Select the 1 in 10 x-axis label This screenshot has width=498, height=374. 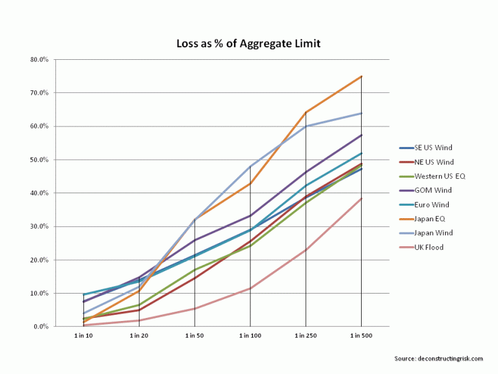(83, 336)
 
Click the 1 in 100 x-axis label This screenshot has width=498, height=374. (250, 336)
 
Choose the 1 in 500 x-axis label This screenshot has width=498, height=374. (362, 336)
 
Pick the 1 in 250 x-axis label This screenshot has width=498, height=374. (306, 336)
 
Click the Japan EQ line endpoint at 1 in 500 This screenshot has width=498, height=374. (362, 76)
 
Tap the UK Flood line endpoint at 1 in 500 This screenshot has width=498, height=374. (362, 198)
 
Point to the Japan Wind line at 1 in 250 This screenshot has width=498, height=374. (306, 126)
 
